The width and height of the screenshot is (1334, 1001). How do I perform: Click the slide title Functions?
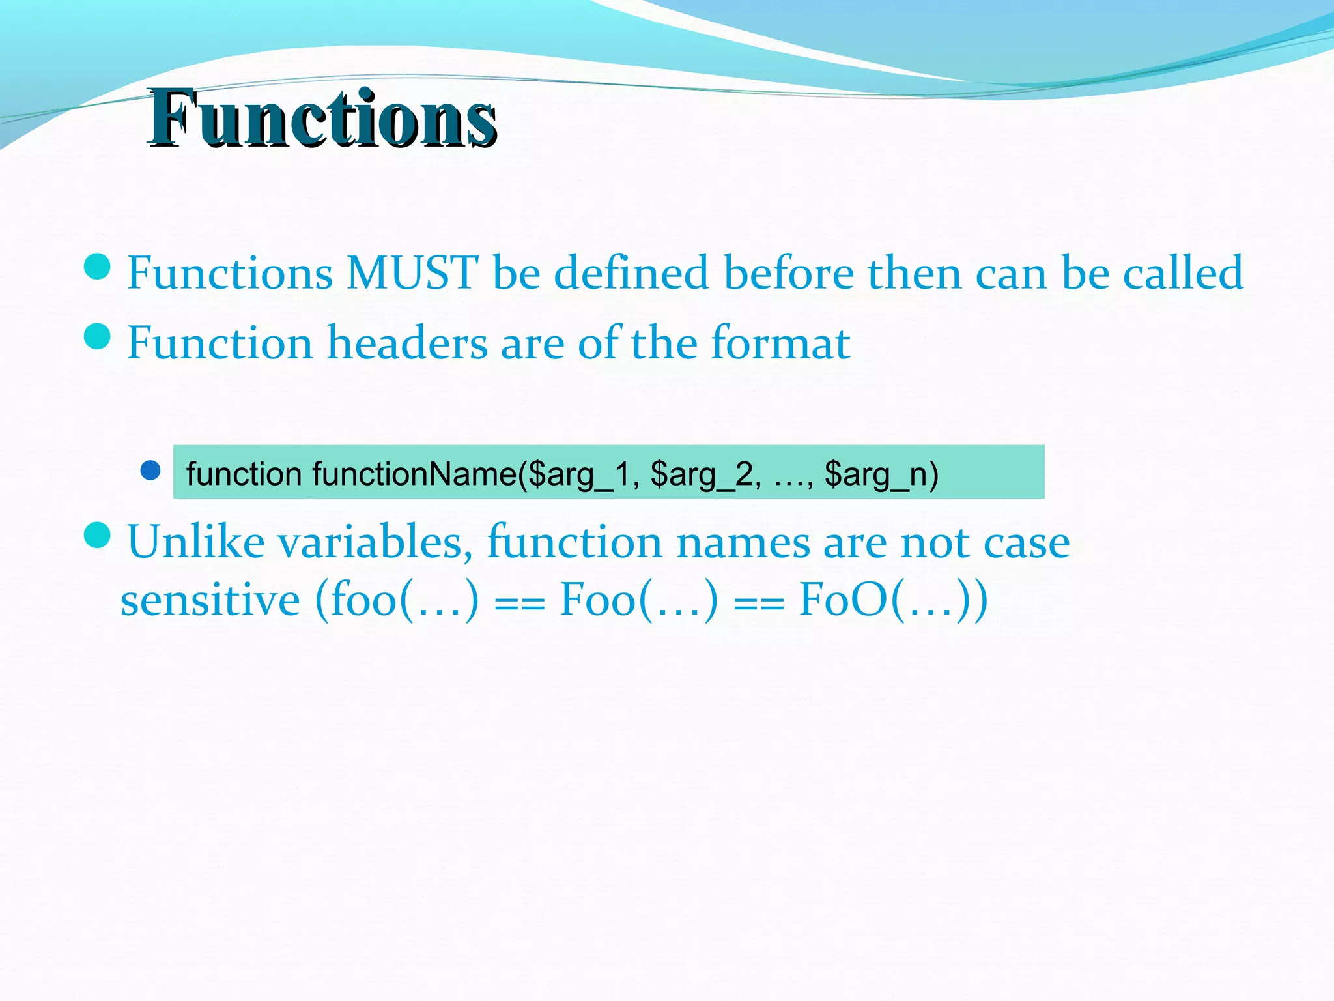322,119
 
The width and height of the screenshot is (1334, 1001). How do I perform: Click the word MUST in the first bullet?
412,273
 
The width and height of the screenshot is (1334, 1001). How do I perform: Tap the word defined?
631,273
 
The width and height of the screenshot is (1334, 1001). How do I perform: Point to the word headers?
407,343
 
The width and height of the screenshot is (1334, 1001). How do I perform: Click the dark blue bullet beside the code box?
150,471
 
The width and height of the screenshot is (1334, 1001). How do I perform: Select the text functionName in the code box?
414,474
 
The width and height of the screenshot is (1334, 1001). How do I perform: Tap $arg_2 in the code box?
705,474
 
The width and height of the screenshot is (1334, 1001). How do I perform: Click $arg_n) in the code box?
881,474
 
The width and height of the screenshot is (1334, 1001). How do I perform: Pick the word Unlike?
196,542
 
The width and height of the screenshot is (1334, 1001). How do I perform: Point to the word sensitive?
210,600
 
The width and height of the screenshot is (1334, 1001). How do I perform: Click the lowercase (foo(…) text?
397,600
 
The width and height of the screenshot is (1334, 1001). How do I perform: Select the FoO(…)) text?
893,600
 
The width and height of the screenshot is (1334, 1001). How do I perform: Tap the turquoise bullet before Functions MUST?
98,267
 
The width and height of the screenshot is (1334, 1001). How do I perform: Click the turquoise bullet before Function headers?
98,336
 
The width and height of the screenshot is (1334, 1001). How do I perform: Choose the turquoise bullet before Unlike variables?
98,535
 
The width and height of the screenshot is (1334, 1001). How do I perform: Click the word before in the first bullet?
788,273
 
